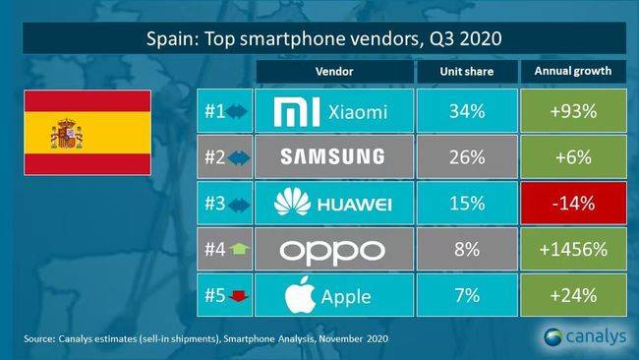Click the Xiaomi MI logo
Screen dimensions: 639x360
tap(297, 112)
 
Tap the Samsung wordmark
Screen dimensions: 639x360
tap(332, 157)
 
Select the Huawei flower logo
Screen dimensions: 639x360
tap(292, 202)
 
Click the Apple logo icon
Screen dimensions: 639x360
tap(300, 295)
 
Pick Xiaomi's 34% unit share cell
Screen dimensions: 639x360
tap(467, 111)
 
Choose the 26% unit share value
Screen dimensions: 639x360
tap(467, 157)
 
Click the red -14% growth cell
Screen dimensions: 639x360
tap(573, 203)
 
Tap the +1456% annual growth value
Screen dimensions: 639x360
tap(573, 249)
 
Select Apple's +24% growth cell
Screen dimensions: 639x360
tap(573, 295)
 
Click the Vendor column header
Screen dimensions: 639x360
tap(334, 72)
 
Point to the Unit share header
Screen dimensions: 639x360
tap(467, 72)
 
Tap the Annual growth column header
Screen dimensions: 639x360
tap(573, 72)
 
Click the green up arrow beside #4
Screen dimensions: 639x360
tap(239, 249)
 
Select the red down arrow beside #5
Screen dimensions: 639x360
tap(239, 296)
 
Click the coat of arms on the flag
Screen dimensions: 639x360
tap(67, 134)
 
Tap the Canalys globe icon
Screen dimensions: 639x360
tap(552, 336)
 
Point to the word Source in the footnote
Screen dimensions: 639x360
tap(39, 338)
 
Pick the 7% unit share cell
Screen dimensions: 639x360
tap(467, 295)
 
